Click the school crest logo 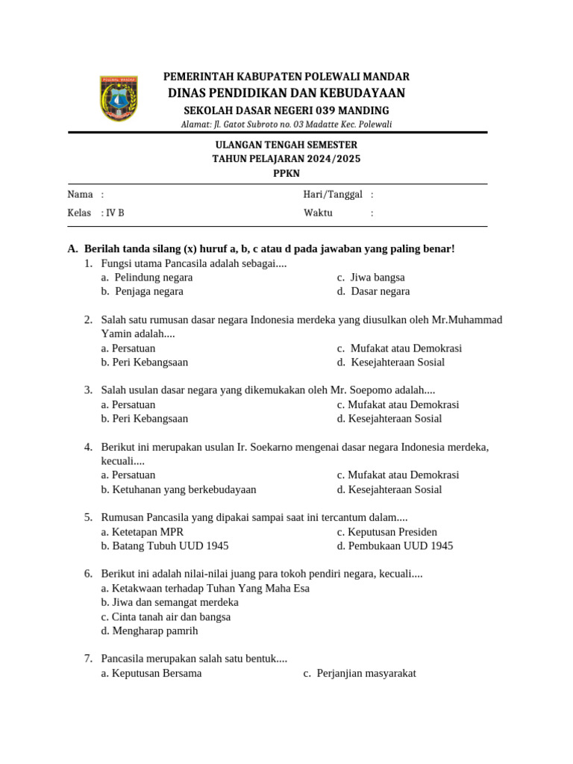tap(118, 98)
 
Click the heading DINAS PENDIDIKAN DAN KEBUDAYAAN tap(286, 93)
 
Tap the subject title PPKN tap(286, 173)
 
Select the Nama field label tap(80, 195)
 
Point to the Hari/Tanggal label tap(333, 195)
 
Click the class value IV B tap(115, 213)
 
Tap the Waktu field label tap(318, 213)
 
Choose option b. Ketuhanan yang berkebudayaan tap(178, 490)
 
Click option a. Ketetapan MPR tap(143, 532)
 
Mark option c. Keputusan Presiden tap(387, 532)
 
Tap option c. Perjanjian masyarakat tap(360, 674)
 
